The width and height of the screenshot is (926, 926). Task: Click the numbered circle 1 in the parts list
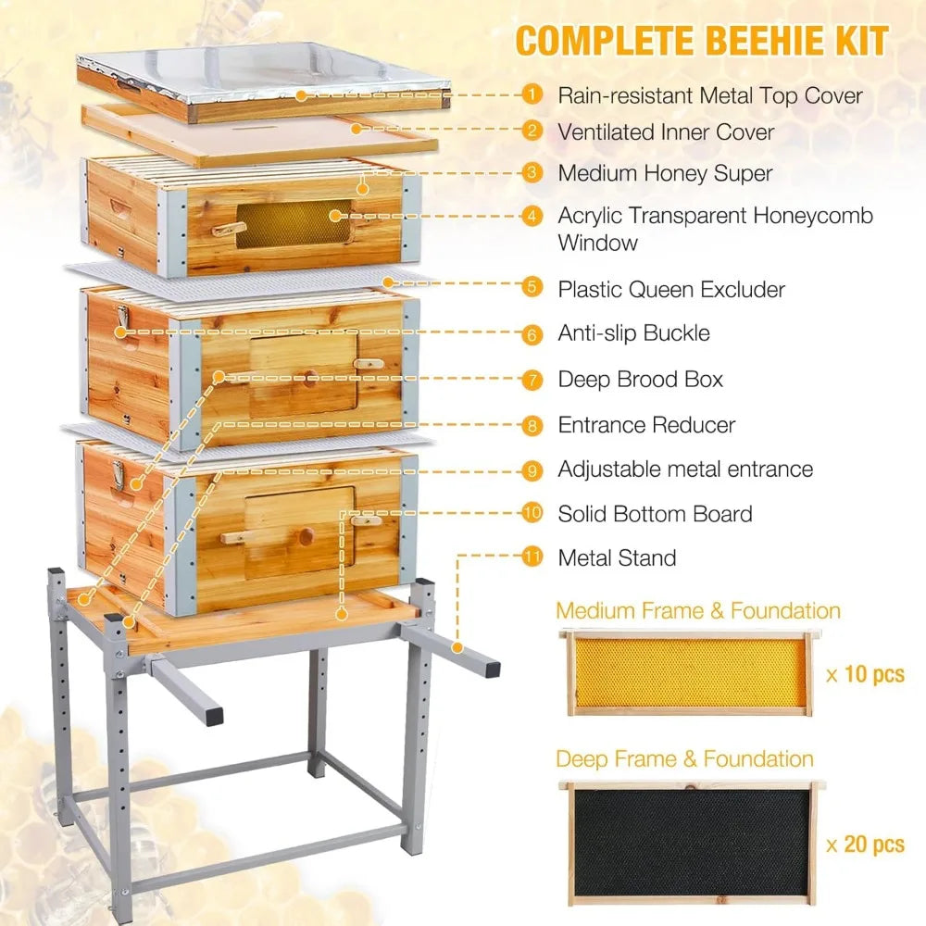pos(532,94)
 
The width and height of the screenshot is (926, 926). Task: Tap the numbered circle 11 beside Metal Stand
pos(532,557)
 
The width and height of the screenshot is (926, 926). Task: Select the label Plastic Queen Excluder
pos(670,289)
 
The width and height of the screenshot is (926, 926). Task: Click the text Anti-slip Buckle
pos(633,333)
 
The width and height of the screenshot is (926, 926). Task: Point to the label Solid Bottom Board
pos(655,514)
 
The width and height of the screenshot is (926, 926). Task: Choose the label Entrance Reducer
pos(646,425)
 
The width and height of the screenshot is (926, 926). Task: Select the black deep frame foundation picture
pos(695,842)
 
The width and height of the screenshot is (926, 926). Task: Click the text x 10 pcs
pos(865,673)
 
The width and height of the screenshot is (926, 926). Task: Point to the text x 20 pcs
pos(865,844)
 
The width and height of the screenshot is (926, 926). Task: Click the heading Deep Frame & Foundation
pos(684,759)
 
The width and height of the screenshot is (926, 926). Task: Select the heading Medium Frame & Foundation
pos(698,611)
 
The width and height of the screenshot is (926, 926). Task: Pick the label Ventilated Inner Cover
pos(665,131)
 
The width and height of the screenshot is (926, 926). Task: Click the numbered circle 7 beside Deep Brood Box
pos(532,379)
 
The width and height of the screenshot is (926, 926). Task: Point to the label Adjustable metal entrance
pos(685,469)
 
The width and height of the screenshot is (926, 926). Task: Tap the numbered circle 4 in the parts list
pos(532,216)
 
